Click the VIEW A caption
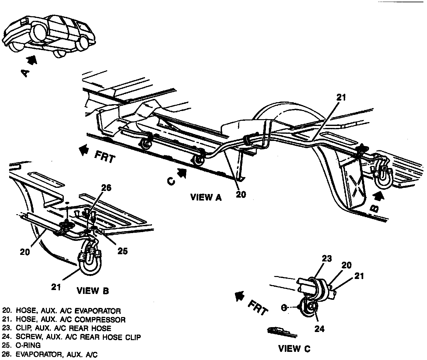pyautogui.click(x=206, y=197)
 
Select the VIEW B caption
pyautogui.click(x=93, y=290)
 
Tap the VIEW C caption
pyautogui.click(x=294, y=349)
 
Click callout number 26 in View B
pyautogui.click(x=106, y=188)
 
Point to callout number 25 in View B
pyautogui.click(x=122, y=251)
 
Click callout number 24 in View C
pyautogui.click(x=319, y=329)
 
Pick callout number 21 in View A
pyautogui.click(x=341, y=97)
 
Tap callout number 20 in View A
pyautogui.click(x=241, y=194)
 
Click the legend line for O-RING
pyautogui.click(x=21, y=345)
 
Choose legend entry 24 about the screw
pyautogui.click(x=72, y=337)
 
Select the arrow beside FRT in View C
pyautogui.click(x=240, y=296)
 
